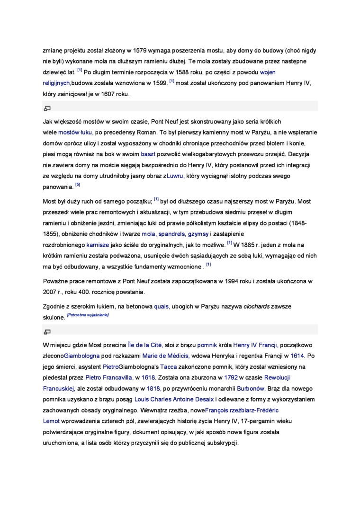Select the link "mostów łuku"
[75, 133]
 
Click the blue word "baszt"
[148, 154]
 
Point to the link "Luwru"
[176, 176]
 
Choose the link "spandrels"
[171, 234]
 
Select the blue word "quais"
[161, 306]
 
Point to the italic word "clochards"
[256, 306]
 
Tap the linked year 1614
[297, 356]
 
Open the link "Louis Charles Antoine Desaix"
[174, 400]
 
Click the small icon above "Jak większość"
[47, 108]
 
